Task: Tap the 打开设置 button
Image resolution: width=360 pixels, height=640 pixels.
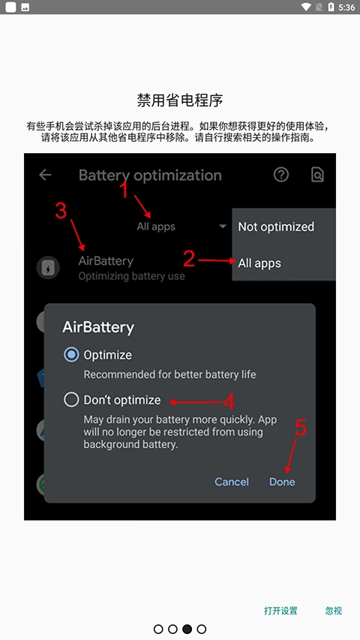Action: tap(280, 611)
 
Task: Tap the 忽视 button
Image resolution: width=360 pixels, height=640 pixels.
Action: tap(334, 611)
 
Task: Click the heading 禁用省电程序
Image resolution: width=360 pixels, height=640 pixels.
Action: tap(180, 100)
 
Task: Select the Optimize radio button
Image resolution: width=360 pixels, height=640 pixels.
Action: tap(72, 355)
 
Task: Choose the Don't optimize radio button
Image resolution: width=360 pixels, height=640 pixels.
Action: tap(72, 400)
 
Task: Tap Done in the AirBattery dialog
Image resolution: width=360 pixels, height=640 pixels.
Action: tap(282, 482)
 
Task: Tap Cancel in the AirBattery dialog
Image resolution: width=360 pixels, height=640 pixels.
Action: tap(232, 482)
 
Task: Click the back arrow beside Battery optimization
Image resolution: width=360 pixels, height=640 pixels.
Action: tap(46, 175)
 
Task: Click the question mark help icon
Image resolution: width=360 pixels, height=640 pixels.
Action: tap(281, 175)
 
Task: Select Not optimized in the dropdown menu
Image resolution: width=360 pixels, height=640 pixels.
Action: tap(276, 227)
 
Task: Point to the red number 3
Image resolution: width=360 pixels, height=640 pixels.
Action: tap(61, 212)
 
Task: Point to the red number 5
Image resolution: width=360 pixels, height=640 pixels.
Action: tap(301, 428)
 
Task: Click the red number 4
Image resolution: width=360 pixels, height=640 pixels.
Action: tap(229, 400)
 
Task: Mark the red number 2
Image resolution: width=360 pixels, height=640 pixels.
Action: tap(189, 259)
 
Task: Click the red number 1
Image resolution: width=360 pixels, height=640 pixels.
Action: tap(125, 191)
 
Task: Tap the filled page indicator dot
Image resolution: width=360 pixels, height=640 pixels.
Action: tap(187, 629)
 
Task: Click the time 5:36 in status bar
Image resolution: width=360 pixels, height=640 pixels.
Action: tap(347, 8)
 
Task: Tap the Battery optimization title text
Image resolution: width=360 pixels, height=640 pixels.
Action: tap(150, 176)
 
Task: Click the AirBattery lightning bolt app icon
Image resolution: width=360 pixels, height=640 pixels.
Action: tap(47, 268)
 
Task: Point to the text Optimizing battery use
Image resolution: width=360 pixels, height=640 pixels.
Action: tap(131, 276)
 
